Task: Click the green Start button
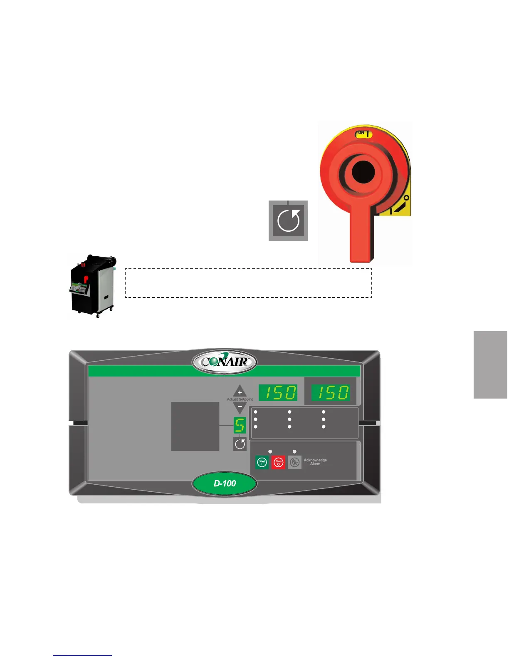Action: pyautogui.click(x=262, y=462)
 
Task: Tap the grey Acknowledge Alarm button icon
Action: pyautogui.click(x=294, y=462)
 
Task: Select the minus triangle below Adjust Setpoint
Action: pyautogui.click(x=240, y=406)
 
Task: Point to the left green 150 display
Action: pyautogui.click(x=278, y=393)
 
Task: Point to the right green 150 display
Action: pyautogui.click(x=331, y=393)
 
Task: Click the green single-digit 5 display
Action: pyautogui.click(x=240, y=425)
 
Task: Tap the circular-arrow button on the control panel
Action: pyautogui.click(x=240, y=444)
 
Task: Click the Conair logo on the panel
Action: pyautogui.click(x=224, y=362)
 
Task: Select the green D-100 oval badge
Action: pyautogui.click(x=225, y=483)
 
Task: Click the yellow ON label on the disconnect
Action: pyautogui.click(x=363, y=134)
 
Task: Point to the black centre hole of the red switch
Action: pyautogui.click(x=363, y=173)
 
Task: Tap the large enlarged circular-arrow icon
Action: pyautogui.click(x=288, y=221)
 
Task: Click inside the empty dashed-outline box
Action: pyautogui.click(x=248, y=283)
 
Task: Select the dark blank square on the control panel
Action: pyautogui.click(x=195, y=426)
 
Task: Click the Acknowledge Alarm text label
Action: pyautogui.click(x=315, y=462)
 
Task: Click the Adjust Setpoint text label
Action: pyautogui.click(x=240, y=399)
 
